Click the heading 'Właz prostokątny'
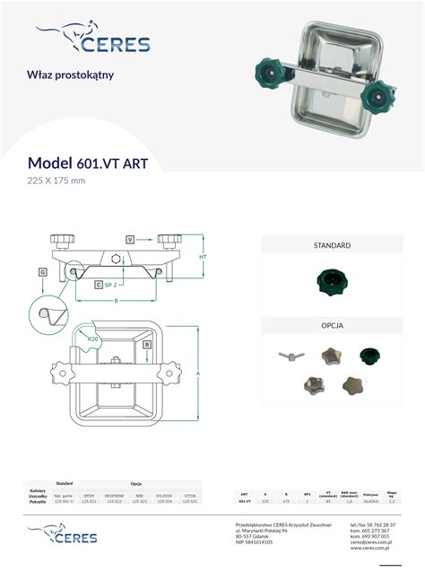pos(71,75)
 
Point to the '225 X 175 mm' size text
pos(56,180)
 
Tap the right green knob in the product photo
pos(386,92)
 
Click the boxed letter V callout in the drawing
pos(130,239)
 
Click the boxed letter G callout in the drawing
pos(42,271)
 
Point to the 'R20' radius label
pos(93,338)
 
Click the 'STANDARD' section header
pos(332,244)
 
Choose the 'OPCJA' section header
pos(332,325)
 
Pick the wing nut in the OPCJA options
pos(288,358)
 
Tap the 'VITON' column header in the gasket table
pos(190,495)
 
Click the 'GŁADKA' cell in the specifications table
pos(371,501)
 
